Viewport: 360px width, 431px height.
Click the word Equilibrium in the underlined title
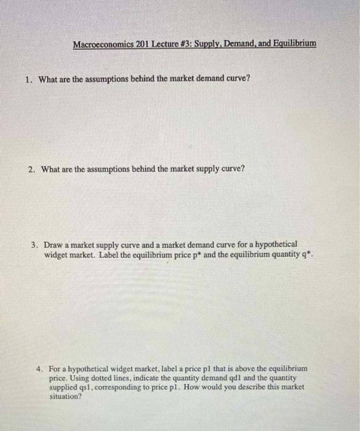click(x=289, y=44)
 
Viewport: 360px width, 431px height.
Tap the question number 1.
click(x=30, y=79)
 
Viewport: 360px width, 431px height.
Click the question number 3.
click(x=35, y=244)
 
